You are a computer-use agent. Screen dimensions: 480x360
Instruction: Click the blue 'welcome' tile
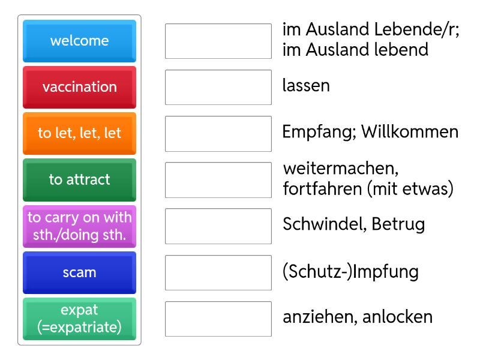[80, 41]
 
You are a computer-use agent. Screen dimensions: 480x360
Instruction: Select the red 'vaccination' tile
[80, 87]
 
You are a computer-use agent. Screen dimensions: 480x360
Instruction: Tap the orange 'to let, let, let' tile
[80, 133]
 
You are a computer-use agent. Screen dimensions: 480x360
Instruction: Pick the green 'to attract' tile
[80, 179]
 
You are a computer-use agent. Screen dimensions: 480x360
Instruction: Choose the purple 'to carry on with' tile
[80, 226]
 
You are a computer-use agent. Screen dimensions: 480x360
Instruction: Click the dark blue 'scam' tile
[80, 272]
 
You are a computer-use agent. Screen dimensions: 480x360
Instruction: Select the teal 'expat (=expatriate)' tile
[80, 319]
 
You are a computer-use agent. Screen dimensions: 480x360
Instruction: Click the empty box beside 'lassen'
[218, 87]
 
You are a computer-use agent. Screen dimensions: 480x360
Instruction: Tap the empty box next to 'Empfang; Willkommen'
[218, 134]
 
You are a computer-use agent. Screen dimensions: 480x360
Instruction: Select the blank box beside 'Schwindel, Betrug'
[218, 226]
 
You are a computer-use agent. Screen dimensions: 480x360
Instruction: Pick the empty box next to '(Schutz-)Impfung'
[218, 273]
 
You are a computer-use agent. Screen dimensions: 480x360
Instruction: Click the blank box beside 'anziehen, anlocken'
[218, 319]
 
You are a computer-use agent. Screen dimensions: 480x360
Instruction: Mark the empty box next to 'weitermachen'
[218, 180]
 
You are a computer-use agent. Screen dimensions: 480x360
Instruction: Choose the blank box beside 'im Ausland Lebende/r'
[218, 41]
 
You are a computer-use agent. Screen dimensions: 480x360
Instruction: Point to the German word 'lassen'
[306, 85]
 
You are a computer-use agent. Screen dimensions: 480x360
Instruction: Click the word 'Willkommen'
[410, 131]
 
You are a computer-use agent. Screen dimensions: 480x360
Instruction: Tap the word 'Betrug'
[398, 224]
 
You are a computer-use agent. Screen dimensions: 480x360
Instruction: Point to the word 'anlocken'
[398, 317]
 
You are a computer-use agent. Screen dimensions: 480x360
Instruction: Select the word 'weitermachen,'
[341, 169]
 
